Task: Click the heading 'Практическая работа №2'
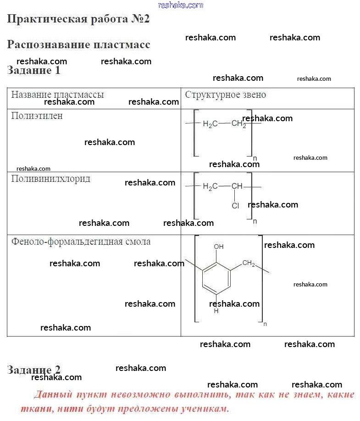pos(78,19)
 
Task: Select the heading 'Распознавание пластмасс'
pos(78,45)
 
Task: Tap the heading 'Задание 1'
pos(33,70)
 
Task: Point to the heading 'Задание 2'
pos(33,370)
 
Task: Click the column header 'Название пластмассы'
pos(57,95)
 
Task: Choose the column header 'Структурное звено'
pos(225,95)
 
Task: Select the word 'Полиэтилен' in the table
pos(37,116)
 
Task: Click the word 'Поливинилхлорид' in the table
pos(50,179)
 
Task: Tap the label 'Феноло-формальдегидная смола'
pos(81,241)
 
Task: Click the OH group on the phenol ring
pos(219,247)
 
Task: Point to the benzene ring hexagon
pos(216,277)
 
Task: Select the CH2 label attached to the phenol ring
pos(249,264)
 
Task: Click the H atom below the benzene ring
pos(216,311)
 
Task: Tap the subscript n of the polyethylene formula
pos(255,158)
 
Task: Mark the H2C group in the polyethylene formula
pos(210,124)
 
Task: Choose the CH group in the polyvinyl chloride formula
pos(237,186)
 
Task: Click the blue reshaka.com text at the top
pos(180,5)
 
